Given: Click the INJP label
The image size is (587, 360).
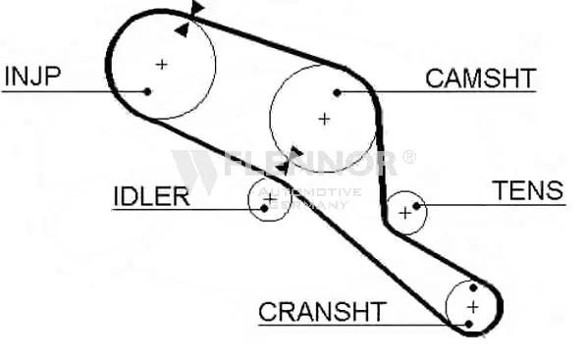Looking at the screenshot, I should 34,76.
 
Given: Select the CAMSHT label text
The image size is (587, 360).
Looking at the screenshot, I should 480,78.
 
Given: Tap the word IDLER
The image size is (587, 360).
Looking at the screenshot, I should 150,195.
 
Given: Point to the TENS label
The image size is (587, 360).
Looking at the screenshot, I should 528,190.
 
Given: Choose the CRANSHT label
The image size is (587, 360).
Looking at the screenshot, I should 322,313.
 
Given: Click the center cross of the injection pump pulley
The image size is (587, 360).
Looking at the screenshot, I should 162,65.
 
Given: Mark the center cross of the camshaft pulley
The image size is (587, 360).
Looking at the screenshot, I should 324,119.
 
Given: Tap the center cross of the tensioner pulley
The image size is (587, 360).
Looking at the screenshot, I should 404,212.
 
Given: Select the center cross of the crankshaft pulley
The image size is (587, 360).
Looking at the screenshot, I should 472,306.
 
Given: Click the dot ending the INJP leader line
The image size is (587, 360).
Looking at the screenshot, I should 147,92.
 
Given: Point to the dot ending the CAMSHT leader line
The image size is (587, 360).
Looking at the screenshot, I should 337,92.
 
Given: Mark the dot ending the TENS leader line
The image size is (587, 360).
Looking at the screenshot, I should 417,205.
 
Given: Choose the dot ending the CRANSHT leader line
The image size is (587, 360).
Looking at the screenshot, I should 470,323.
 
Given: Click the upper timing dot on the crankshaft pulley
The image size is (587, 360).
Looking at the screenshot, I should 474,288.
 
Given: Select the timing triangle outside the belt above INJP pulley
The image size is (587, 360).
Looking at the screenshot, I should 197,9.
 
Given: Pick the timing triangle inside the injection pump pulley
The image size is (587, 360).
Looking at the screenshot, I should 182,29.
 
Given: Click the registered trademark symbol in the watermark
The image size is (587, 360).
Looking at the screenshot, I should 408,156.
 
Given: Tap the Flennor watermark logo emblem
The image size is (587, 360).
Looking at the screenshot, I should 194,170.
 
